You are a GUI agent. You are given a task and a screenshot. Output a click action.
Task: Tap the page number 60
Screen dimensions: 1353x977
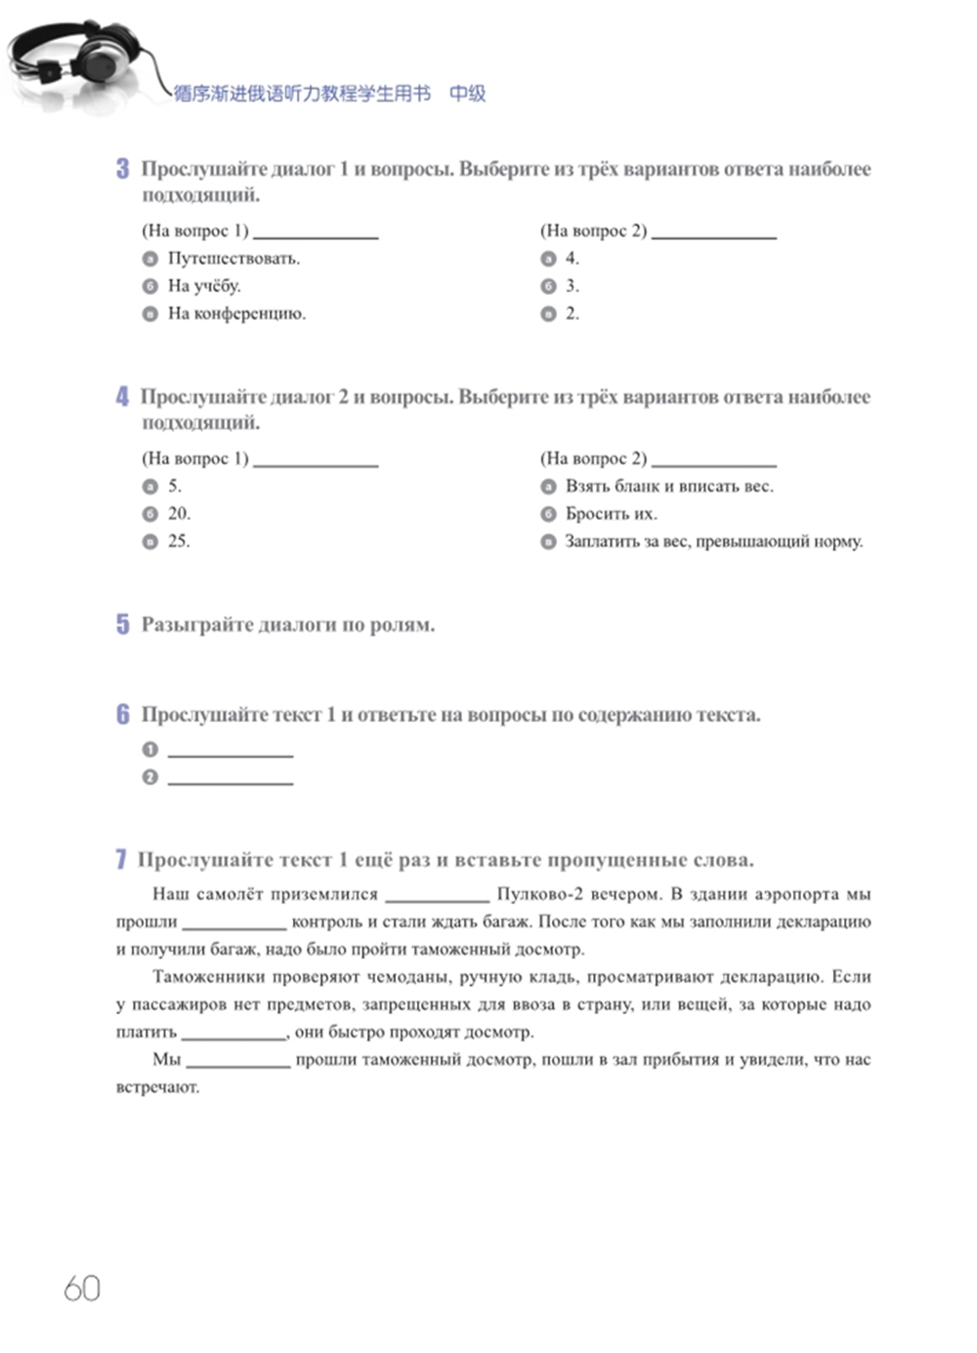pyautogui.click(x=82, y=1289)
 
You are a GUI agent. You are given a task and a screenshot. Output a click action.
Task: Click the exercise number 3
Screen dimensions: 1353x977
pyautogui.click(x=122, y=169)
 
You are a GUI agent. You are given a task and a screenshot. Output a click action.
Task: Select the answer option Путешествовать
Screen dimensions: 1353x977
pyautogui.click(x=234, y=259)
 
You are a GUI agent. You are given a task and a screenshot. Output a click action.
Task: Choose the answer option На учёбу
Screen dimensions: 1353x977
pyautogui.click(x=203, y=286)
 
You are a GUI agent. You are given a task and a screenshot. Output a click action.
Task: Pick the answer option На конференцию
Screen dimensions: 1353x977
pyautogui.click(x=236, y=314)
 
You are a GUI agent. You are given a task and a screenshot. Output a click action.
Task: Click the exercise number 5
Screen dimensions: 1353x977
pyautogui.click(x=122, y=624)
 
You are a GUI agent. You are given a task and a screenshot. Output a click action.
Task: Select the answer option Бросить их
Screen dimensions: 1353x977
pyautogui.click(x=611, y=514)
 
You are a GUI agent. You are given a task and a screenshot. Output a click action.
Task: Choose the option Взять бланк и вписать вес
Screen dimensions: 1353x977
pyautogui.click(x=668, y=486)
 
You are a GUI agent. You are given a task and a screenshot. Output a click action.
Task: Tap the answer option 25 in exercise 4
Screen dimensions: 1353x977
pyautogui.click(x=178, y=541)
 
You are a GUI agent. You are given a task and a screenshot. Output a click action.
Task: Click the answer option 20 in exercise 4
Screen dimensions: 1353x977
pyautogui.click(x=178, y=514)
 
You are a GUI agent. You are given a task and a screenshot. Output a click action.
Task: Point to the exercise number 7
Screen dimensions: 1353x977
pyautogui.click(x=121, y=860)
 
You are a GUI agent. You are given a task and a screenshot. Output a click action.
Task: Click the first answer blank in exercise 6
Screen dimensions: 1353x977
pyautogui.click(x=231, y=750)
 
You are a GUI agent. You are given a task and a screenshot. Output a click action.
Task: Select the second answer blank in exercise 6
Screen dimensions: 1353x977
pyautogui.click(x=231, y=779)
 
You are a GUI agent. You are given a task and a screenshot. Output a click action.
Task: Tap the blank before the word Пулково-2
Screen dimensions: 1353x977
pyautogui.click(x=437, y=896)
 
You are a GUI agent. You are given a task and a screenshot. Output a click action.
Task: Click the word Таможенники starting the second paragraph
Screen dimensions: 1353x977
pyautogui.click(x=201, y=977)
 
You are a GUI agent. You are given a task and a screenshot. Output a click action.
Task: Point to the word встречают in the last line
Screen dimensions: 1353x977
pyautogui.click(x=157, y=1087)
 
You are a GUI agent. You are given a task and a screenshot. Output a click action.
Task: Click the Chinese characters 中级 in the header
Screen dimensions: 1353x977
pyautogui.click(x=467, y=94)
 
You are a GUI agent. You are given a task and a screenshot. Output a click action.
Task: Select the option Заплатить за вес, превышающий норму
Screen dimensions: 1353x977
pyautogui.click(x=713, y=541)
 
